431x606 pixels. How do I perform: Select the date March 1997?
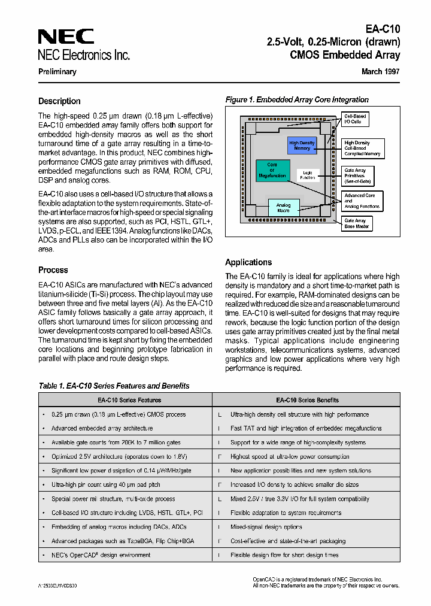point(380,71)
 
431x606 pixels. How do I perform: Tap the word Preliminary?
point(57,72)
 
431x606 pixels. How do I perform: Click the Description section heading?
point(59,101)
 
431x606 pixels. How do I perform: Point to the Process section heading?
point(53,270)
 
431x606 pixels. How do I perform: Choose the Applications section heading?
point(248,262)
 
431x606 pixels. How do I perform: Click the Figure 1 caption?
point(297,100)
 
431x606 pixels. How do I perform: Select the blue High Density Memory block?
point(302,146)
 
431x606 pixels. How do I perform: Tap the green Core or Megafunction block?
point(272,170)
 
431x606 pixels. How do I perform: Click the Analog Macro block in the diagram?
point(283,207)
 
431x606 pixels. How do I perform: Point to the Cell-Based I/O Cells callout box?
point(355,119)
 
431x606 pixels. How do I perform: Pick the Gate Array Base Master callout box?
point(356,223)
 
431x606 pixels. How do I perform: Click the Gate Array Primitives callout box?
point(359,175)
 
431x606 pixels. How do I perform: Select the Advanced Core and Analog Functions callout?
point(362,201)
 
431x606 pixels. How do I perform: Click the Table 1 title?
point(114,386)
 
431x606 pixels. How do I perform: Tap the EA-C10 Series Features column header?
point(125,400)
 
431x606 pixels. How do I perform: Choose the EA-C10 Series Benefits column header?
point(307,400)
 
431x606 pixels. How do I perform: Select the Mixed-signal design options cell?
point(266,527)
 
